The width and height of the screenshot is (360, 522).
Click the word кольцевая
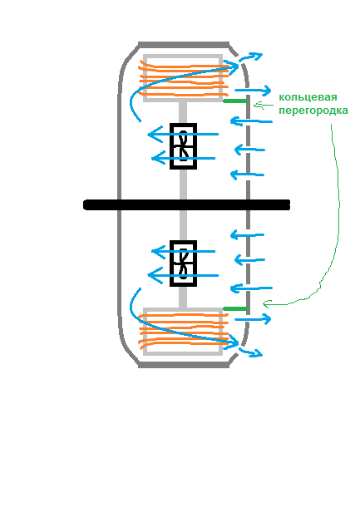[x=308, y=97]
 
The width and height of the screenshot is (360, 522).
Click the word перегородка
[x=313, y=111]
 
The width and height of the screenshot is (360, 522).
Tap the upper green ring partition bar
[x=235, y=101]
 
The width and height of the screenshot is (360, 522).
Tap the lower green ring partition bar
[x=235, y=309]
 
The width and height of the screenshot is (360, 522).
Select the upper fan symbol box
[x=183, y=146]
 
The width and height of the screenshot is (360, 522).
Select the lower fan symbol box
[x=183, y=263]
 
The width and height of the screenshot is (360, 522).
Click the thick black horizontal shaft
[x=186, y=204]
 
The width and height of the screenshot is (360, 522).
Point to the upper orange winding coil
[x=184, y=77]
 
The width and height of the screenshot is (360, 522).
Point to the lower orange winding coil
[x=184, y=332]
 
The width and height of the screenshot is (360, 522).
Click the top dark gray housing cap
[x=184, y=45]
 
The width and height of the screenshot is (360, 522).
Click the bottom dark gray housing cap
[x=184, y=365]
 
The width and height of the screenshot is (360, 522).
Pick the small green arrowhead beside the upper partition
[x=257, y=106]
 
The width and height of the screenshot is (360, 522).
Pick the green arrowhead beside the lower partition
[x=267, y=303]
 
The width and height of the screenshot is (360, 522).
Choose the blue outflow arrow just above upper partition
[x=253, y=91]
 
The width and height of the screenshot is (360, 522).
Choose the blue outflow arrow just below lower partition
[x=253, y=319]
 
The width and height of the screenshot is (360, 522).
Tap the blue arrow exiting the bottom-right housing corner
[x=250, y=352]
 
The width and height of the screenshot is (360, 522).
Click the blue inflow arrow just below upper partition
[x=251, y=121]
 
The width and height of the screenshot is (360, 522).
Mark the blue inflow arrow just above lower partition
[x=251, y=288]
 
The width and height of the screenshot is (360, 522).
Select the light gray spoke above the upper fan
[x=183, y=112]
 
